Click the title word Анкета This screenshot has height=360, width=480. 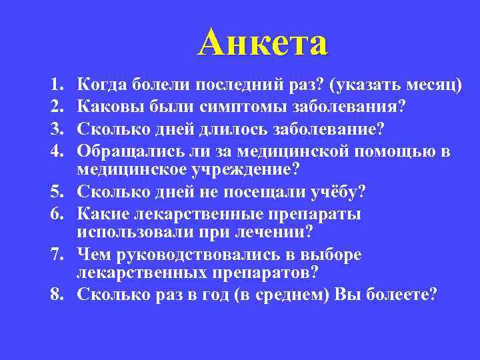[x=263, y=42]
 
